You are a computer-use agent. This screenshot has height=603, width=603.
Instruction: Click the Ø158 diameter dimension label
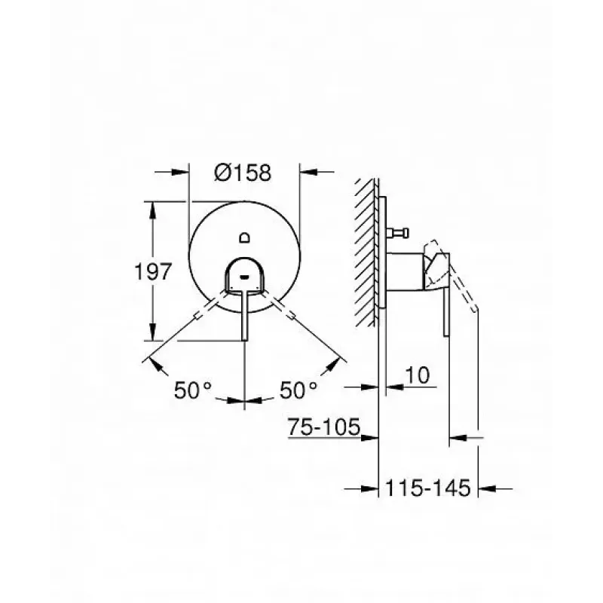243,173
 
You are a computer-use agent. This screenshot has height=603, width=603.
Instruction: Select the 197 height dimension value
153,271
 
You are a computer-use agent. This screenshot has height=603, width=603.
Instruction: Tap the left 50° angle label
193,390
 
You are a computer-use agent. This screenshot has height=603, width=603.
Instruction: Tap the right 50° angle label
298,390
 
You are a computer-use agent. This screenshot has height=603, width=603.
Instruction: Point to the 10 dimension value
418,375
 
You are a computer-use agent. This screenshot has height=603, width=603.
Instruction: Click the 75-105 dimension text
324,427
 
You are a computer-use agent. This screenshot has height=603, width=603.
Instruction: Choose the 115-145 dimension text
427,488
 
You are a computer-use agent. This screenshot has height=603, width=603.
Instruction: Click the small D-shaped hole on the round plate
244,238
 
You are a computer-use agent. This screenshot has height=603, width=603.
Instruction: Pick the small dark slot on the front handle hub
244,276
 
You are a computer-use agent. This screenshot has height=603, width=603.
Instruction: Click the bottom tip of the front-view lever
244,340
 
